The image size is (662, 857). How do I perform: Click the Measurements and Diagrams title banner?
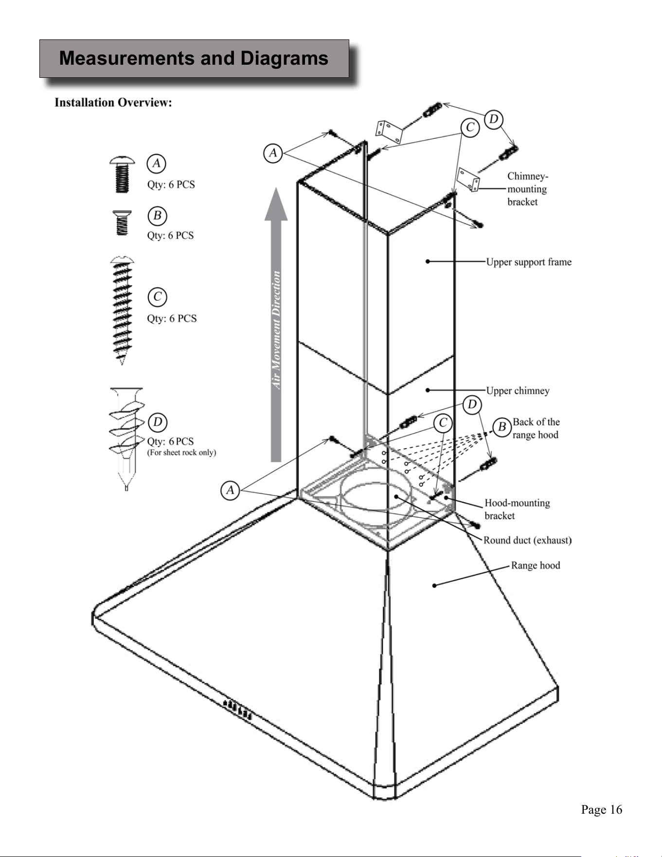(x=194, y=58)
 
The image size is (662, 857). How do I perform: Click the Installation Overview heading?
(x=113, y=103)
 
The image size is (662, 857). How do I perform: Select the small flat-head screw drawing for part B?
(x=122, y=223)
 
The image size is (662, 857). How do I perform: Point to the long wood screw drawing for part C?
(x=122, y=310)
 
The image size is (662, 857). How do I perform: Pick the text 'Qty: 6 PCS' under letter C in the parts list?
(x=172, y=319)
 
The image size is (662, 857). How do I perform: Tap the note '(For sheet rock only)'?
(x=181, y=453)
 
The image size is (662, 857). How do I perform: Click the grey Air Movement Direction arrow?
(x=276, y=325)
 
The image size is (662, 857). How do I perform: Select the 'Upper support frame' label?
(x=529, y=262)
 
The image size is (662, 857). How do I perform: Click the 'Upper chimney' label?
(x=518, y=391)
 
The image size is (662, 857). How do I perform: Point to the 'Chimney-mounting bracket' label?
(x=527, y=189)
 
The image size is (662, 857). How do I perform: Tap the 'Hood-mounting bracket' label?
(x=517, y=509)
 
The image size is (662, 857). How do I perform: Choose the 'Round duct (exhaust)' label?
(x=527, y=540)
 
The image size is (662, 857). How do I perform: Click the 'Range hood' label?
(x=535, y=565)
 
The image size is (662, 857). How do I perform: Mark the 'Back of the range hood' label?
(x=536, y=428)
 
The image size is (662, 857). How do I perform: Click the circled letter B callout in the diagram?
(x=502, y=427)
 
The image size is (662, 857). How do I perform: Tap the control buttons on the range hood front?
(x=237, y=709)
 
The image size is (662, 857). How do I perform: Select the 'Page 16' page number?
(x=602, y=810)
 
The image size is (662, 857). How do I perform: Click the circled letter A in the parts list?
(x=156, y=164)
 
